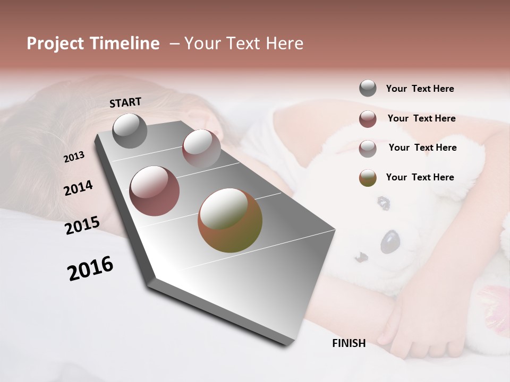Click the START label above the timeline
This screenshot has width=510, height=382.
click(125, 102)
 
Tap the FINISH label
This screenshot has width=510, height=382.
click(348, 343)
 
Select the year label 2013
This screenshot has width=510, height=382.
click(74, 157)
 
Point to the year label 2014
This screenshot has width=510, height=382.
click(78, 188)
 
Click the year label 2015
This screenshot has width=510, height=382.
click(82, 225)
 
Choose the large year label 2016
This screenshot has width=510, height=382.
click(90, 268)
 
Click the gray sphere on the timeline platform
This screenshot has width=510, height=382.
click(130, 131)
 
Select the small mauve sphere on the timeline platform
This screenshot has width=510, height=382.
click(201, 148)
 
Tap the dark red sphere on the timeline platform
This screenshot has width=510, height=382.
click(154, 191)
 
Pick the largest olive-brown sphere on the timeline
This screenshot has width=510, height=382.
click(229, 220)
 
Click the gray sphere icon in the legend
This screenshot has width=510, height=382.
click(368, 89)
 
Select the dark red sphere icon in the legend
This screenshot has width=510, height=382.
click(368, 119)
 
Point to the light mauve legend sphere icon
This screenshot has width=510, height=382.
click(368, 148)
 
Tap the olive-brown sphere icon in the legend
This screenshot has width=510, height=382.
click(368, 178)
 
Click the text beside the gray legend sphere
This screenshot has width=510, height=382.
click(420, 89)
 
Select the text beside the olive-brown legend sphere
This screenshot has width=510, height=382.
click(420, 177)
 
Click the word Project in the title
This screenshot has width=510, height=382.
click(56, 44)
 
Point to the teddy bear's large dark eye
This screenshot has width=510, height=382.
click(390, 241)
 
